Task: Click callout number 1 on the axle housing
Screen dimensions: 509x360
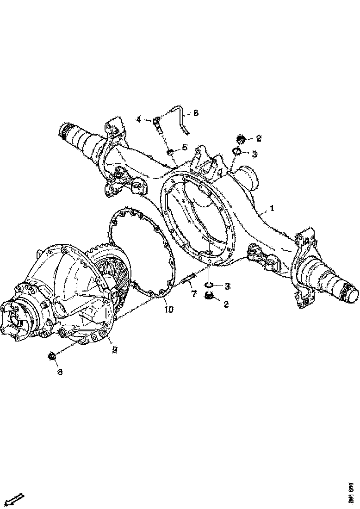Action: point(272,209)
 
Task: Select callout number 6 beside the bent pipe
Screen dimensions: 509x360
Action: point(196,113)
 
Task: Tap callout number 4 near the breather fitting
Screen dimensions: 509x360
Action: point(138,120)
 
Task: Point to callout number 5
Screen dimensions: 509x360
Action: point(184,148)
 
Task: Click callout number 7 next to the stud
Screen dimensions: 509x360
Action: point(194,294)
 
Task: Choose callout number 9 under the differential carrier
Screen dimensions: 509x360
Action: point(115,350)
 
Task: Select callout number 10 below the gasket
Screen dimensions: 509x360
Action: point(168,309)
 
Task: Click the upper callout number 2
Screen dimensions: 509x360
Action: point(259,138)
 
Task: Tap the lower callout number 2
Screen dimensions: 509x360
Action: point(226,304)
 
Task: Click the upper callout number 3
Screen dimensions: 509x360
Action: point(254,155)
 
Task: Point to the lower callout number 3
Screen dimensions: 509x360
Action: point(227,286)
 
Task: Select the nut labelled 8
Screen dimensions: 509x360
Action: point(52,356)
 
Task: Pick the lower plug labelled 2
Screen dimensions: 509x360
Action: point(209,297)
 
